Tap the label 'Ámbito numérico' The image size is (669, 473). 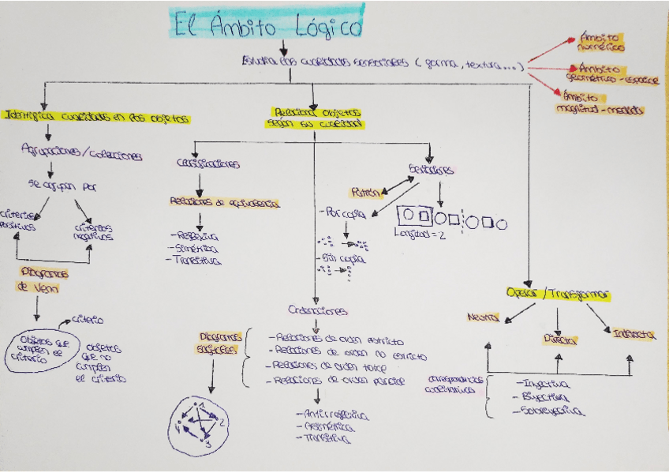coord(601,41)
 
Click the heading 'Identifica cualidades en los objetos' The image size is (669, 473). coord(97,118)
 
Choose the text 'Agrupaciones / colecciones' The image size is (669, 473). coord(83,154)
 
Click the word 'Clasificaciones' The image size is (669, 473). coord(208,164)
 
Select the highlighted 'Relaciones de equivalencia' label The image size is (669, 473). coord(223,202)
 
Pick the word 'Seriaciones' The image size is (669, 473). coord(431,170)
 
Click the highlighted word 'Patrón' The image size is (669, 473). coord(366,192)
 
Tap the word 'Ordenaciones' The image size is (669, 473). coord(318,311)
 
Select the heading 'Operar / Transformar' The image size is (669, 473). coord(560,294)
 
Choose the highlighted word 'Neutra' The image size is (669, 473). coord(483,317)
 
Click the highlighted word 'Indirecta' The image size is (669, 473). coord(633,335)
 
